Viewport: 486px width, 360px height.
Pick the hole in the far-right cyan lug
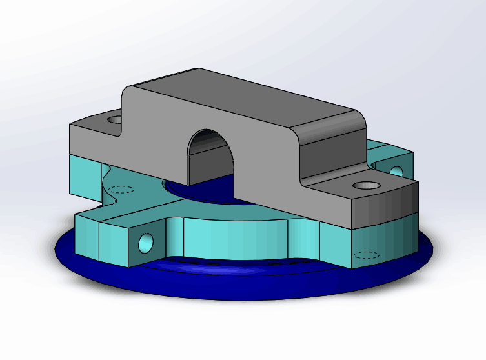396,172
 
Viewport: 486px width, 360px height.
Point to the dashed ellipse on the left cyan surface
121,190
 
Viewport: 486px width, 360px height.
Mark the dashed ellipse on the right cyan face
367,254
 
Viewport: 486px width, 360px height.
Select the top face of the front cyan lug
123,216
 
